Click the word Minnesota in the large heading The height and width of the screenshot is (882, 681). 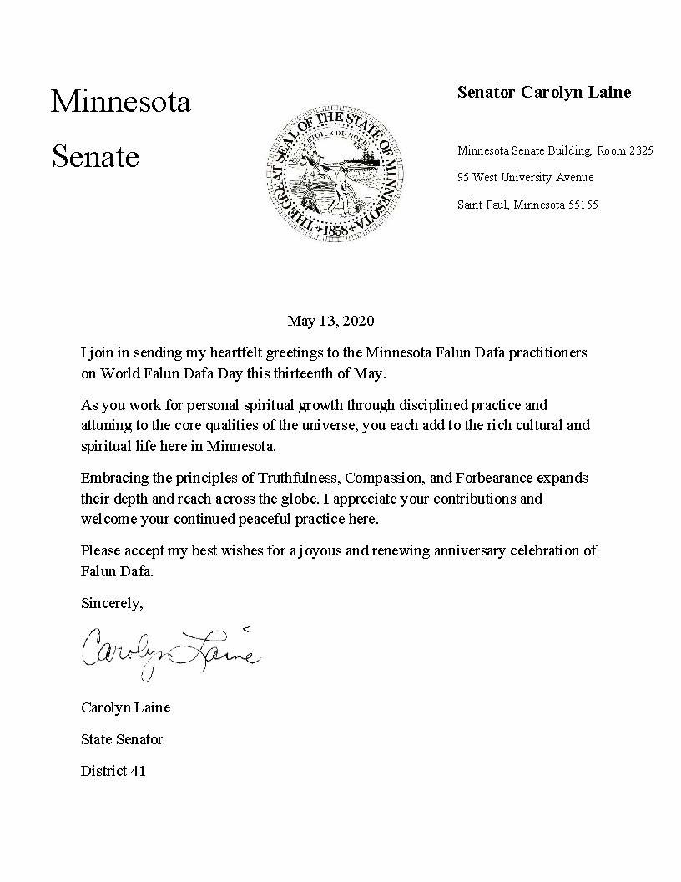(120, 102)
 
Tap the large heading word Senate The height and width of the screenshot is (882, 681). (95, 156)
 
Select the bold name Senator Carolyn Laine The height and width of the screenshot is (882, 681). (543, 93)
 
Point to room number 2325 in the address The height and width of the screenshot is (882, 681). (638, 151)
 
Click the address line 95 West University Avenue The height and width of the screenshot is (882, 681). (525, 178)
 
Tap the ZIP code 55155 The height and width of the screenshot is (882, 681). (583, 205)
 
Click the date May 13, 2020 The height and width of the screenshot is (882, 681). (330, 321)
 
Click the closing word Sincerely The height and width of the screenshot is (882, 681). (112, 602)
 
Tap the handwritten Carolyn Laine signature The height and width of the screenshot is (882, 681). (170, 651)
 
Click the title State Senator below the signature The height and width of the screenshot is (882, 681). (122, 739)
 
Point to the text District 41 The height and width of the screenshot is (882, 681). (113, 771)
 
